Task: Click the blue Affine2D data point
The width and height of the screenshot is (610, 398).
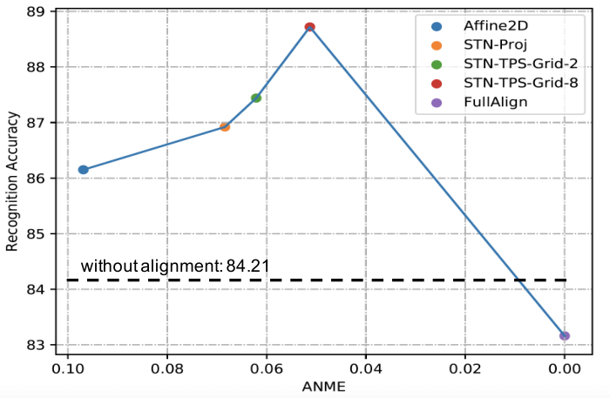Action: [x=84, y=170]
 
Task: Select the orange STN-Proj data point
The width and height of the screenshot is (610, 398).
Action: [x=225, y=126]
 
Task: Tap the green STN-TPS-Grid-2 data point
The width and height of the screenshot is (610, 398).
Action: [x=256, y=98]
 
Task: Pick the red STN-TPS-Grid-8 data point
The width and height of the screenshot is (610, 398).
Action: [x=309, y=27]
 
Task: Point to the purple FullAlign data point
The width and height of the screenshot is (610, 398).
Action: [x=565, y=336]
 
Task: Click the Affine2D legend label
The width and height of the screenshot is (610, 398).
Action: [x=496, y=26]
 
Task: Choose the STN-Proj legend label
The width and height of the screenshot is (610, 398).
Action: [x=495, y=45]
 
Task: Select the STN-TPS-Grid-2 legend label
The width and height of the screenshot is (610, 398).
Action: [x=520, y=64]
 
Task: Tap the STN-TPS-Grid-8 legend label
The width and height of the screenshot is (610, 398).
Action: [x=520, y=83]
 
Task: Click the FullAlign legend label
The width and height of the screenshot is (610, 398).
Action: [x=496, y=102]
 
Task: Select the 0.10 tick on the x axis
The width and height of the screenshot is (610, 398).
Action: [x=68, y=368]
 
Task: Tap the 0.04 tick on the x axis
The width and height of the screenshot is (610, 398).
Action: [x=366, y=368]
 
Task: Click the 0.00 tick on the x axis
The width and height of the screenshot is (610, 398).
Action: [x=565, y=368]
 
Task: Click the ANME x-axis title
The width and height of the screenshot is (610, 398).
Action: [x=323, y=387]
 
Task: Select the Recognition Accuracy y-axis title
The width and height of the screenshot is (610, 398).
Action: [x=12, y=181]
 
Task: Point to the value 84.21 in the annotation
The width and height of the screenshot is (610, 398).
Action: [x=247, y=266]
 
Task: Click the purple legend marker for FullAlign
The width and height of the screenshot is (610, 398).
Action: [x=437, y=103]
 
